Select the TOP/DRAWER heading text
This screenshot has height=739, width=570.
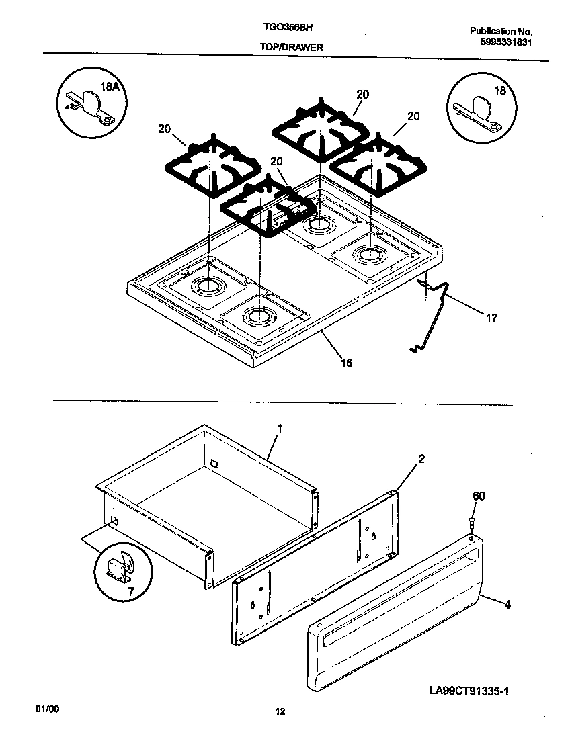[x=291, y=48]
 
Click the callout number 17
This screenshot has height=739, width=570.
[x=491, y=318]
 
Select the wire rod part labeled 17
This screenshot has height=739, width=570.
[x=434, y=309]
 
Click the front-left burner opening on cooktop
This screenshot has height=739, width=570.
[x=258, y=314]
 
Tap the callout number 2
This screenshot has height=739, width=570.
[x=421, y=460]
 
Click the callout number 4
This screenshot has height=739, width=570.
[x=507, y=605]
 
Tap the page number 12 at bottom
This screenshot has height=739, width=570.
[x=280, y=713]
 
